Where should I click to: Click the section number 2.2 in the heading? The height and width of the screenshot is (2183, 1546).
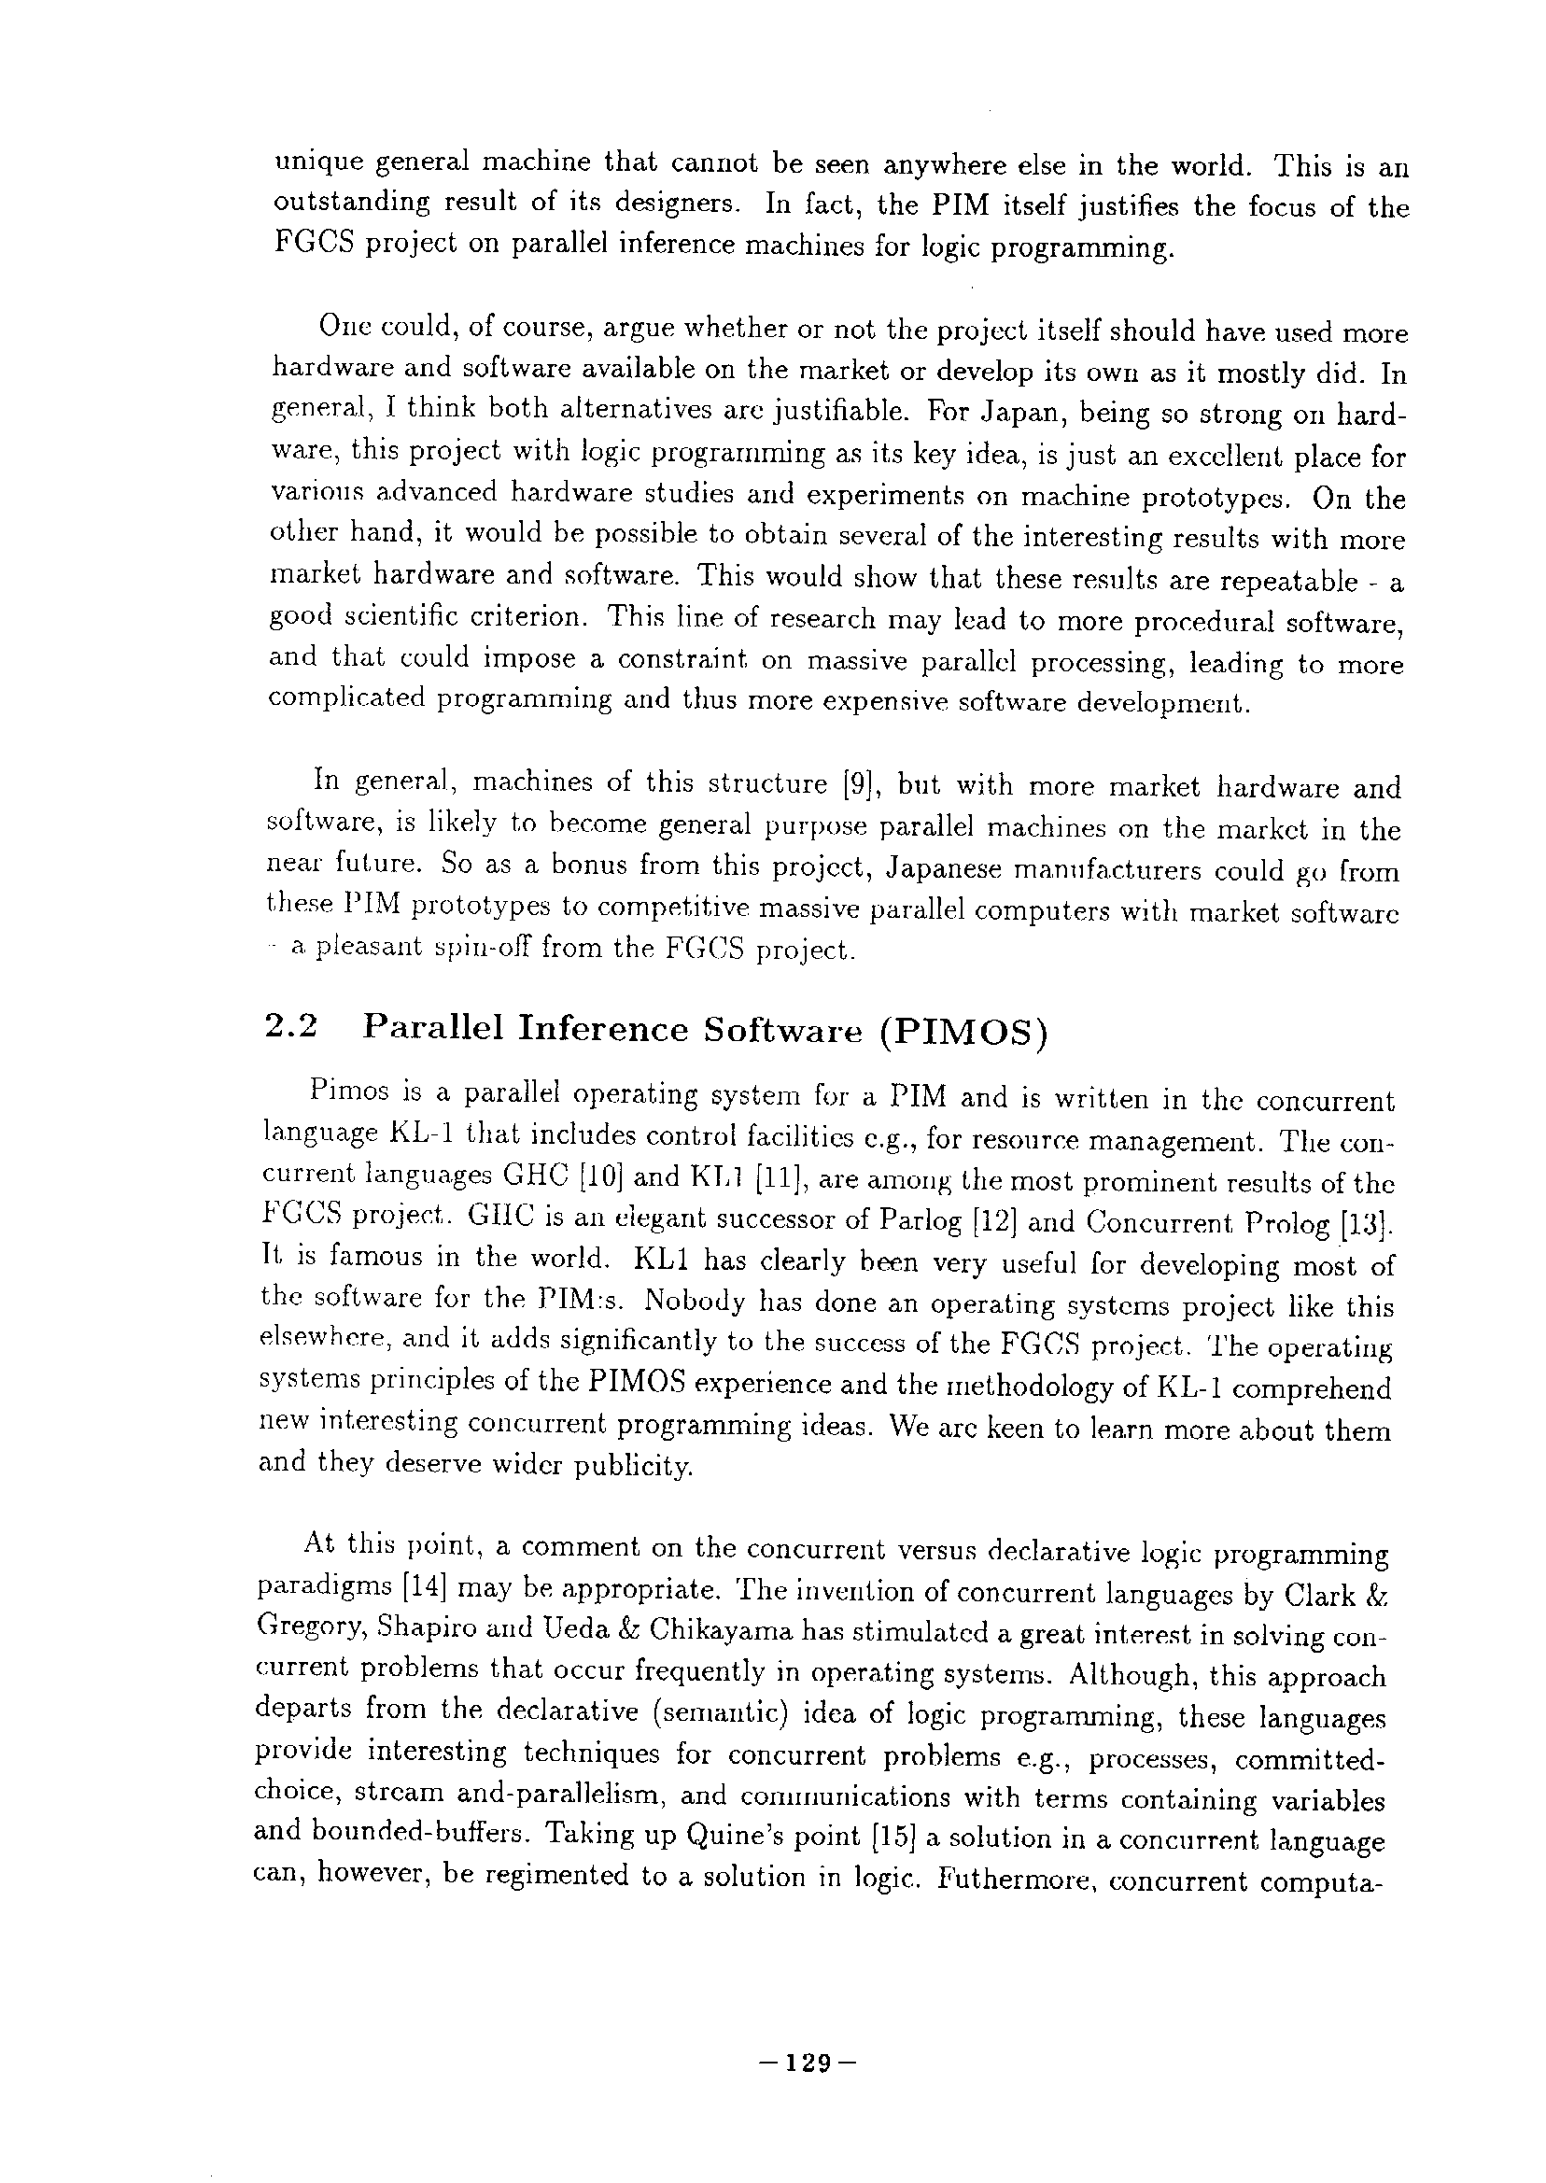pyautogui.click(x=290, y=1029)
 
